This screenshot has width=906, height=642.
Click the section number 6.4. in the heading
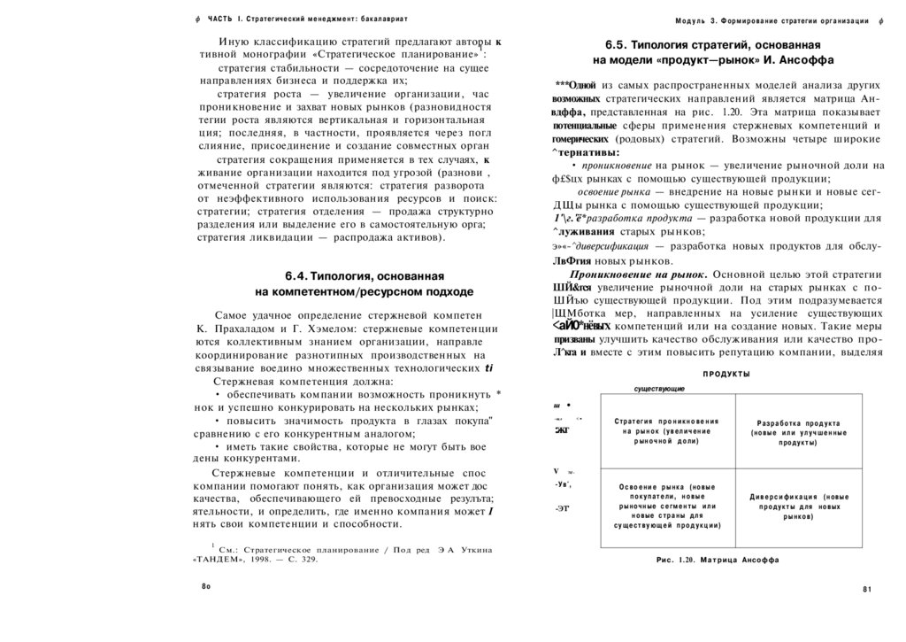coord(296,276)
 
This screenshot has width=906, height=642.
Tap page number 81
coord(867,590)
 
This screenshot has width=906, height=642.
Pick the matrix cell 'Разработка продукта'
coord(797,432)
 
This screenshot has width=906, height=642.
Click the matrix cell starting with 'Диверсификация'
coord(798,506)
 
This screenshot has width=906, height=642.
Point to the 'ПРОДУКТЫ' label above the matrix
coord(726,375)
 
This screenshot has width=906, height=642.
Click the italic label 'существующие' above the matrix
coord(658,390)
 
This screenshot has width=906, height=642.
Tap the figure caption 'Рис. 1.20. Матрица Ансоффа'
coord(718,561)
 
